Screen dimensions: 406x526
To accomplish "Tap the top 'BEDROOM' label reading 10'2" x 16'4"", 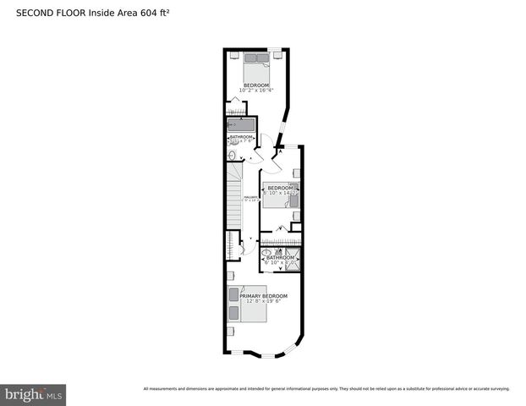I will point(256,85).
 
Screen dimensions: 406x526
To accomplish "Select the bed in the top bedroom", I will point(256,63).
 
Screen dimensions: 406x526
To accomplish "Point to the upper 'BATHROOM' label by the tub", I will point(241,136).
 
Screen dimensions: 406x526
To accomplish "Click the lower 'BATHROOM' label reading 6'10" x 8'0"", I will point(280,259).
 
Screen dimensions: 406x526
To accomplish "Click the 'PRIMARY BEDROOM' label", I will point(263,296).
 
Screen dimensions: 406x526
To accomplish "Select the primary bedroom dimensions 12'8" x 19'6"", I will point(263,302).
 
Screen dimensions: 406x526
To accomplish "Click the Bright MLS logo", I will point(34,394).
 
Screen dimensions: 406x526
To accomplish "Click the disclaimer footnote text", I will point(326,389).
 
